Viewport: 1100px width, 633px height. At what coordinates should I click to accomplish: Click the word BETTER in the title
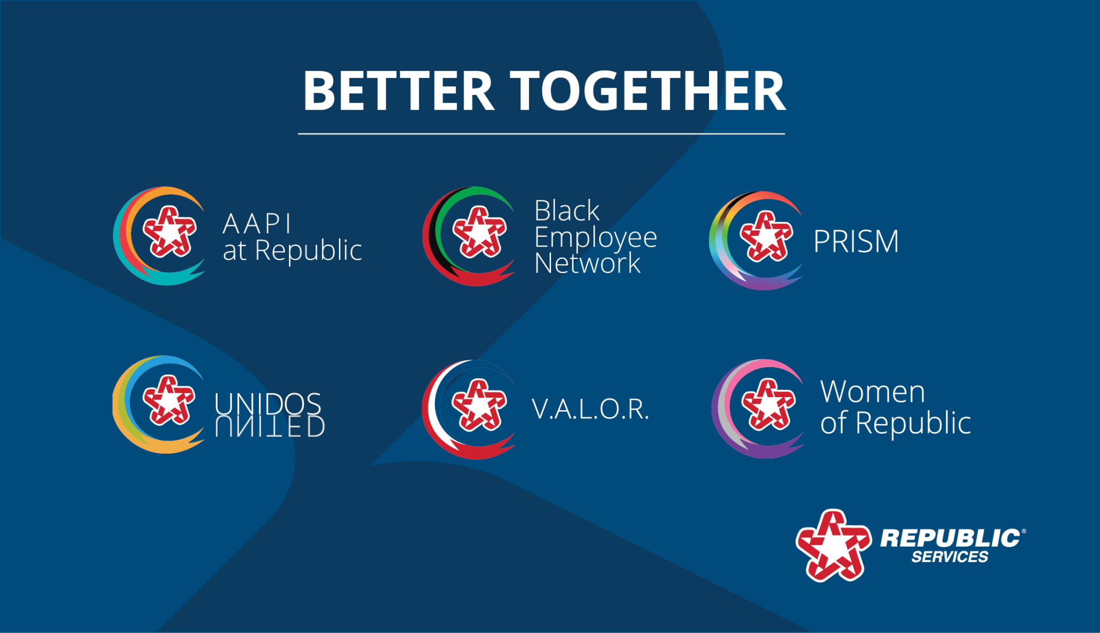pos(399,91)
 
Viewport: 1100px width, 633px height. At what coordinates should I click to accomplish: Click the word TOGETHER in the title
pos(648,91)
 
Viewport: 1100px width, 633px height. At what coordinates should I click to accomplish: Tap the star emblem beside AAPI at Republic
pos(169,231)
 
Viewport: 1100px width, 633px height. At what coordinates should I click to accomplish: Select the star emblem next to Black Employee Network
pos(479,231)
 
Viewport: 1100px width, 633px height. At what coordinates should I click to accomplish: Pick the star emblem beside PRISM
pos(766,236)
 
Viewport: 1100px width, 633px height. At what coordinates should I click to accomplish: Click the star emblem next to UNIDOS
pos(169,400)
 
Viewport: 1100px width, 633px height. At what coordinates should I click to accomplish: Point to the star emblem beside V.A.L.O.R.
pos(479,404)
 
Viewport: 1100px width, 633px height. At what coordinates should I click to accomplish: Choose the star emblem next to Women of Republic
pos(768,404)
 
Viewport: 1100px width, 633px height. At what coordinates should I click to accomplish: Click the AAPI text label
pos(257,223)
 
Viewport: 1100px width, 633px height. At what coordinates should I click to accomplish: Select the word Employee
pos(596,238)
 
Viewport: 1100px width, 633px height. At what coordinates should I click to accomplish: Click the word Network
pos(588,263)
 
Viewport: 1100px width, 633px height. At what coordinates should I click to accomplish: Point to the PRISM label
pos(856,241)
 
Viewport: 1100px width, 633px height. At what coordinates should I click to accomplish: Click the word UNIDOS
pos(267,403)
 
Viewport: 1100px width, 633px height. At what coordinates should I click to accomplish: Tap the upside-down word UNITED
pos(270,426)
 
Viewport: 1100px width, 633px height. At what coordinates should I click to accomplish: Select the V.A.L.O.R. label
pos(590,409)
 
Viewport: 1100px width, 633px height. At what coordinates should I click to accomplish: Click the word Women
pos(873,391)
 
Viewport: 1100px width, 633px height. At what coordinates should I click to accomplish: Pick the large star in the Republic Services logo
pos(833,545)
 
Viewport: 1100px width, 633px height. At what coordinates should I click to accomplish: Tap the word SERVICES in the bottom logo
pos(950,557)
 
